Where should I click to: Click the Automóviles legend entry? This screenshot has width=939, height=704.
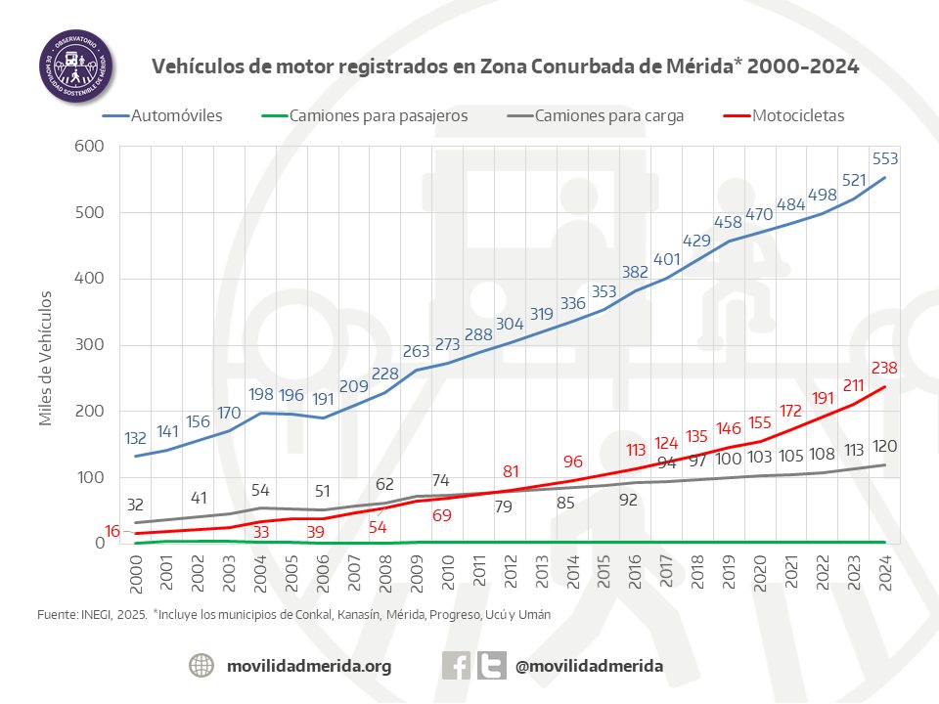(164, 115)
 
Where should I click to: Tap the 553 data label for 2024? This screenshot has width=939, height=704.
(884, 159)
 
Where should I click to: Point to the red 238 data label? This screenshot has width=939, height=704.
(884, 369)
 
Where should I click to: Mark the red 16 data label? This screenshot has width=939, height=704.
(113, 531)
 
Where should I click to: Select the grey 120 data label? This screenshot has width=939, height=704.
(884, 445)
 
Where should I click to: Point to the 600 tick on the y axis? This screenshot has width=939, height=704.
(91, 147)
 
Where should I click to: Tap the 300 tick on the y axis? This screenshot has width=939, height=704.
(91, 345)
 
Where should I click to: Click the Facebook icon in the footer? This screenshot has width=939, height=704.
(456, 666)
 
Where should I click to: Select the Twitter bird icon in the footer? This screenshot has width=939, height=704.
(492, 666)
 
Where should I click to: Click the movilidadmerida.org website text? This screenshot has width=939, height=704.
(309, 666)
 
